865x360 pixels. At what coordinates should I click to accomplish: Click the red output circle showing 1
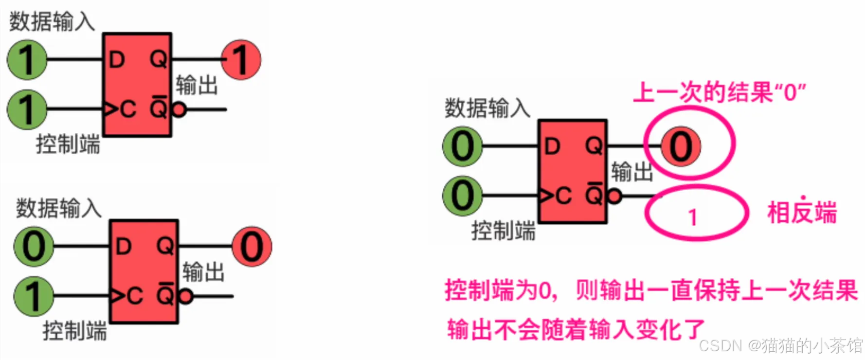(x=241, y=60)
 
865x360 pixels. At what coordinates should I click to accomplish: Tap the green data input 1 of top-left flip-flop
(x=27, y=60)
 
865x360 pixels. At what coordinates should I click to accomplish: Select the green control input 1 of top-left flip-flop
(x=27, y=109)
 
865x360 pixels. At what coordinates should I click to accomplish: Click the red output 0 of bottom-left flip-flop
(x=252, y=247)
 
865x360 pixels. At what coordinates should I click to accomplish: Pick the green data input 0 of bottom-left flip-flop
(x=34, y=247)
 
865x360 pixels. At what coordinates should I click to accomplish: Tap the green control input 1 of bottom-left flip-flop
(x=34, y=296)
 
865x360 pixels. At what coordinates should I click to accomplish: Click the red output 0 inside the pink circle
(x=681, y=146)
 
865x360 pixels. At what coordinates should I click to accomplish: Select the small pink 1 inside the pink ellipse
(x=693, y=217)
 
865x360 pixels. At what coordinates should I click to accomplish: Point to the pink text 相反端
(x=802, y=213)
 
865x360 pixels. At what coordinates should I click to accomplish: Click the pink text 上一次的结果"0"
(x=719, y=92)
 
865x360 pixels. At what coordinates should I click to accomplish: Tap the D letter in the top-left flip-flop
(x=117, y=60)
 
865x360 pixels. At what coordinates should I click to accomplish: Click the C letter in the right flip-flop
(x=563, y=196)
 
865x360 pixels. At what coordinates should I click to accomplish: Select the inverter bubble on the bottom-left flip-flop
(x=186, y=296)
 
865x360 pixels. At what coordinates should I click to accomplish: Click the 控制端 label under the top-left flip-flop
(x=68, y=144)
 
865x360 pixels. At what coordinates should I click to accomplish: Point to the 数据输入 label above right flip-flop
(x=487, y=108)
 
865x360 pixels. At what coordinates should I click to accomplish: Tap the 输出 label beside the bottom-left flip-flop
(x=203, y=271)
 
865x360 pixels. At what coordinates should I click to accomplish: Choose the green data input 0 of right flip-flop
(x=463, y=146)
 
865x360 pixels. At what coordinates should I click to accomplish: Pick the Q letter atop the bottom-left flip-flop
(x=165, y=246)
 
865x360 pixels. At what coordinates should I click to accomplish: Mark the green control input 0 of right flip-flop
(x=463, y=196)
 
